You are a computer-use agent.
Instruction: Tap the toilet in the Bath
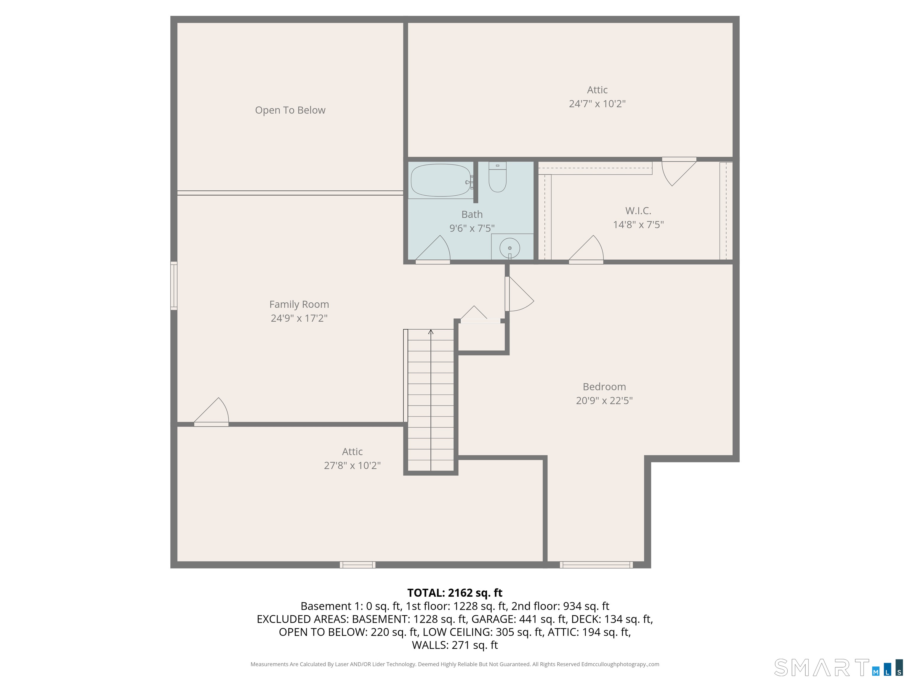click(x=497, y=178)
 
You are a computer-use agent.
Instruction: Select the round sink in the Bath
click(x=510, y=248)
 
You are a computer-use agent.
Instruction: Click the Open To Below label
click(x=290, y=110)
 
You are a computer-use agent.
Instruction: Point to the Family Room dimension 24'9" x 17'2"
click(x=299, y=318)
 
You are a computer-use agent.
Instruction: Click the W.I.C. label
click(x=638, y=211)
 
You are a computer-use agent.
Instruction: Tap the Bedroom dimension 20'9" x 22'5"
click(x=604, y=400)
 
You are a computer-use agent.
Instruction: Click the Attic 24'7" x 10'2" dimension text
click(x=597, y=104)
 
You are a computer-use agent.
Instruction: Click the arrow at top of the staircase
click(x=431, y=332)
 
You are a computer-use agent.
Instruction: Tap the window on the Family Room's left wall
click(x=174, y=286)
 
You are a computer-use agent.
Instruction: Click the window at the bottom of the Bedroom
click(x=596, y=565)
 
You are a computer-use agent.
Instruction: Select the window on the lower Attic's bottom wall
click(x=358, y=565)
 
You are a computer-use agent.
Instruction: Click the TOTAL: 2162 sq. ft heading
click(x=455, y=593)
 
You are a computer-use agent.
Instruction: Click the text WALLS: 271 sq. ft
click(x=455, y=645)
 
